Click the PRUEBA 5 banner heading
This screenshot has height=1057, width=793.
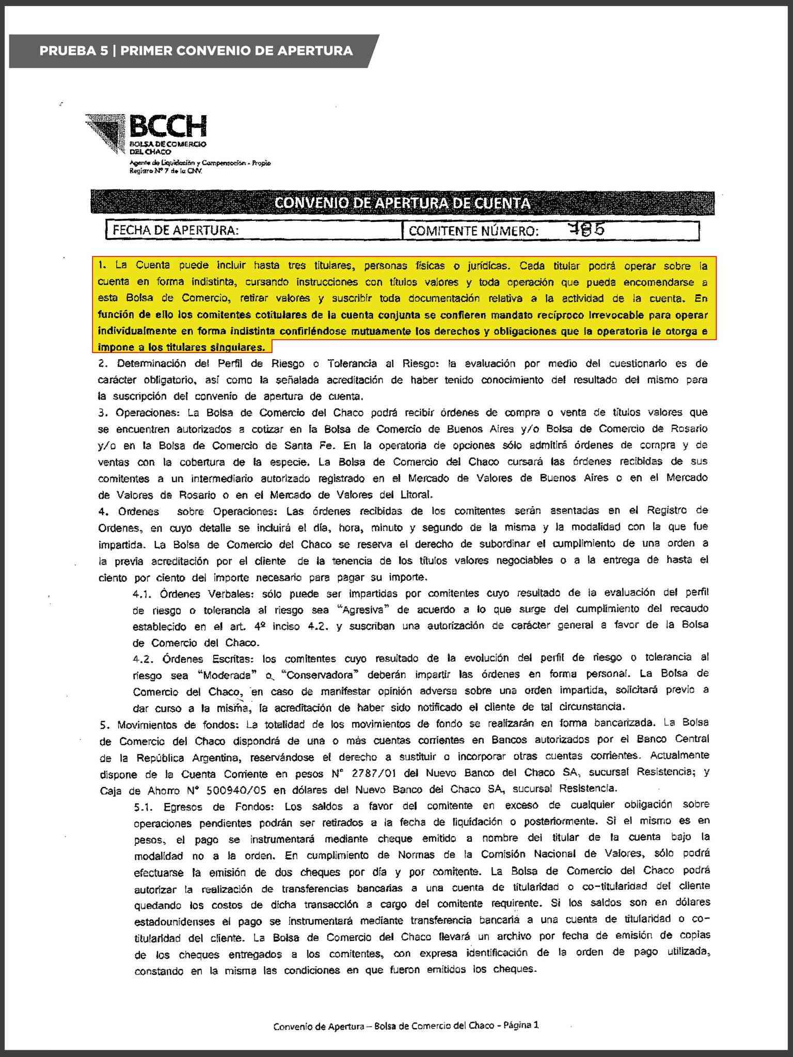point(196,51)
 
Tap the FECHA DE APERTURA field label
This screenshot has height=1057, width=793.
point(176,230)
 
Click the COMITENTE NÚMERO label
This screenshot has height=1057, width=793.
point(473,231)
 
